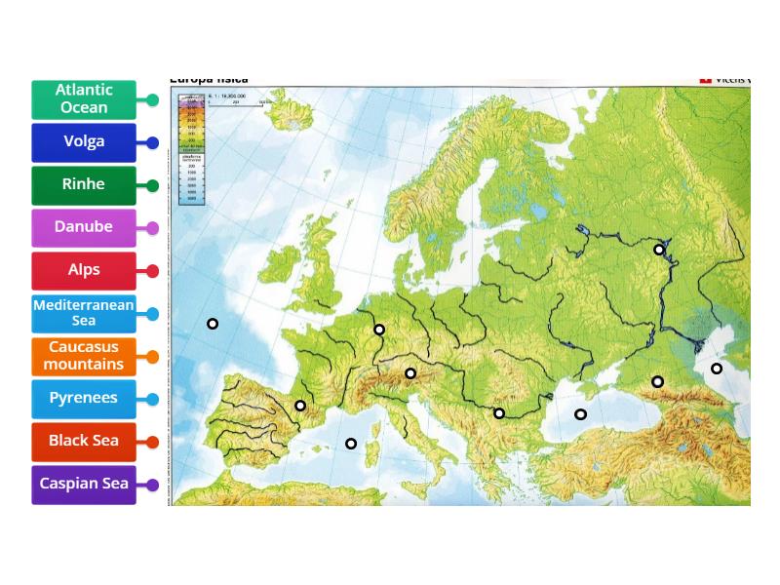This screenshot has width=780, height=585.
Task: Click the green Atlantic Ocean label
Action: pyautogui.click(x=84, y=99)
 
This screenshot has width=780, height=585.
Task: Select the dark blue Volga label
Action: pyautogui.click(x=84, y=142)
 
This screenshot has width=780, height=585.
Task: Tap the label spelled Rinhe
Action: pyautogui.click(x=84, y=185)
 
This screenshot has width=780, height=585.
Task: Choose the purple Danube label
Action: pyautogui.click(x=84, y=227)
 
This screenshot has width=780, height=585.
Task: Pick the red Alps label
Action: pyautogui.click(x=84, y=270)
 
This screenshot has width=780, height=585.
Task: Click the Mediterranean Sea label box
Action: pyautogui.click(x=84, y=313)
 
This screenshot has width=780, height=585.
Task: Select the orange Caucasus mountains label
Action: pyautogui.click(x=84, y=356)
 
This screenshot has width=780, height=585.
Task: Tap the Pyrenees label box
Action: pyautogui.click(x=84, y=399)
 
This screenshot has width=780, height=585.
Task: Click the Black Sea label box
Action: pyautogui.click(x=84, y=442)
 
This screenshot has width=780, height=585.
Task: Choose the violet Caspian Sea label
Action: pyautogui.click(x=84, y=485)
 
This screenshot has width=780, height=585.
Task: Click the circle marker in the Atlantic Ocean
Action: pyautogui.click(x=213, y=324)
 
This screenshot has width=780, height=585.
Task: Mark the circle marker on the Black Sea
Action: pyautogui.click(x=580, y=414)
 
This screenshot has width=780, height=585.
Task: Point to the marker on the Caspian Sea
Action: pyautogui.click(x=717, y=369)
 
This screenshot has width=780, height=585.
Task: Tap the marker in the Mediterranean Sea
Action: pyautogui.click(x=351, y=444)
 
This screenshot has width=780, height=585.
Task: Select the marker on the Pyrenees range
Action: pyautogui.click(x=300, y=406)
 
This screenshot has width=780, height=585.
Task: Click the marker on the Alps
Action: pyautogui.click(x=410, y=373)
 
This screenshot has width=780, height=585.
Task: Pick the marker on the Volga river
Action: pyautogui.click(x=659, y=250)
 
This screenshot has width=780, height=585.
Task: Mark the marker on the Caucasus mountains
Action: pyautogui.click(x=658, y=381)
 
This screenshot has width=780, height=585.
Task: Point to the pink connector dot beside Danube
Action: pyautogui.click(x=153, y=228)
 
